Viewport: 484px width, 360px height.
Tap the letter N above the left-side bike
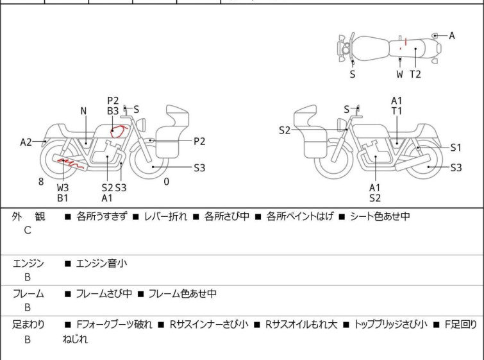click(x=83, y=111)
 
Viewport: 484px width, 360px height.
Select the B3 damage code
click(x=113, y=111)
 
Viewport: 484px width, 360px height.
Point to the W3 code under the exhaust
click(x=63, y=187)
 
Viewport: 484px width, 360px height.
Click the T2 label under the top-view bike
click(x=415, y=74)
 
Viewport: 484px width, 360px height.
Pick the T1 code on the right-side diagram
click(x=397, y=111)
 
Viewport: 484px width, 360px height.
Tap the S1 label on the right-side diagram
click(x=456, y=148)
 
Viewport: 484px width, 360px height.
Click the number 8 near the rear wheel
click(x=41, y=182)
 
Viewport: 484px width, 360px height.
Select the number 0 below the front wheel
click(x=167, y=182)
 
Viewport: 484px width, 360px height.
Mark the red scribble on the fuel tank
click(x=118, y=132)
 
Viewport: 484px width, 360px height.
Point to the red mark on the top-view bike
click(x=401, y=44)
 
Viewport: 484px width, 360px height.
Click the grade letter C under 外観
click(x=28, y=230)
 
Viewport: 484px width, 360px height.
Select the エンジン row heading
click(x=28, y=263)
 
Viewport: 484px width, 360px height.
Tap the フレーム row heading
click(x=28, y=294)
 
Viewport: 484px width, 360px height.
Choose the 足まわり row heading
click(x=28, y=325)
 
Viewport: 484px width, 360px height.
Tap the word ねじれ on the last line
click(x=75, y=339)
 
